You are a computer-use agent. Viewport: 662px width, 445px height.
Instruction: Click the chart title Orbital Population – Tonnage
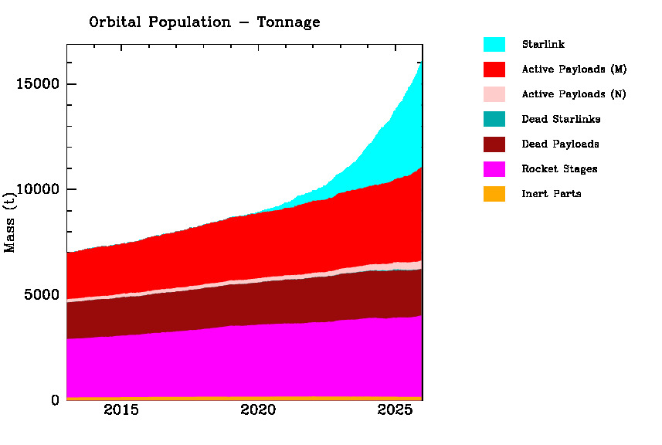204,22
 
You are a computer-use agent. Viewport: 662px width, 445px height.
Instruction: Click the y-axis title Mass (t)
11,223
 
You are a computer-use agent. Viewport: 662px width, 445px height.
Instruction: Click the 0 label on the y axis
55,400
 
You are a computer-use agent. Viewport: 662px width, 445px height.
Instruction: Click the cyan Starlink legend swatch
494,45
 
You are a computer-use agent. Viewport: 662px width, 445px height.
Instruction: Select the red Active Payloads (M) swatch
494,70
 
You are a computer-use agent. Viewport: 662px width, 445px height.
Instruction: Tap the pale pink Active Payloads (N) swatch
494,94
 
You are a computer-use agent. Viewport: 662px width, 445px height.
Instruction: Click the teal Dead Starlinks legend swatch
494,119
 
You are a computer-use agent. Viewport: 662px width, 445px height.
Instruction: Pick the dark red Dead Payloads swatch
494,144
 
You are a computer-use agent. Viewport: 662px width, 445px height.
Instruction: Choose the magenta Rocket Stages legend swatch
494,168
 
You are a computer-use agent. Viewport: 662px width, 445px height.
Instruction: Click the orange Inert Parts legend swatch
494,193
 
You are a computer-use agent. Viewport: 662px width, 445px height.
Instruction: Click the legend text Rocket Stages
559,168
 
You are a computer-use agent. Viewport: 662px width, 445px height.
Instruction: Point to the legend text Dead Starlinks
561,119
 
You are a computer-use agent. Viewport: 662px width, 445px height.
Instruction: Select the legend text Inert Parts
552,193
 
